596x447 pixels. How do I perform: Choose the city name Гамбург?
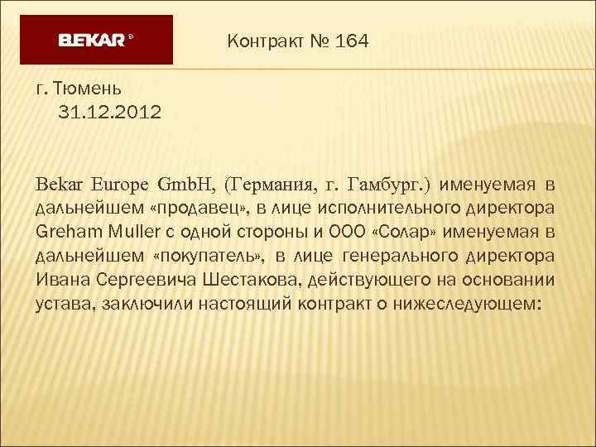(x=386, y=183)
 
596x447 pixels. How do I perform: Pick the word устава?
(x=65, y=304)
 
